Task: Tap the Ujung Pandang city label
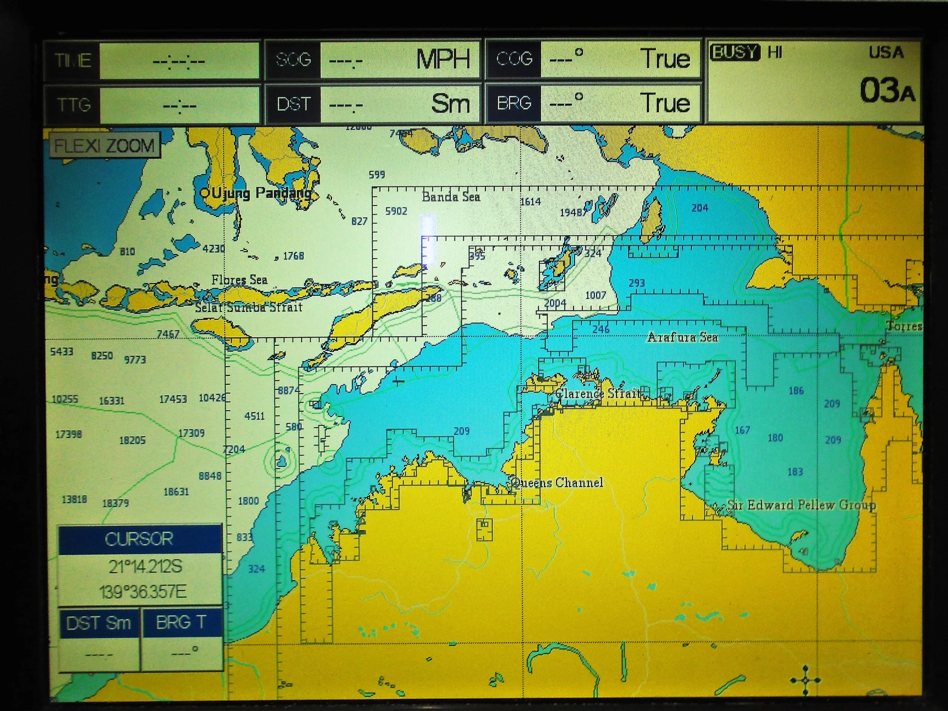261,193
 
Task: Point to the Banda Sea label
451,197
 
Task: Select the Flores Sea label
239,280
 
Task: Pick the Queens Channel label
557,483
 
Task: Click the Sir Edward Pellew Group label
801,504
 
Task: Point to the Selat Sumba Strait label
248,307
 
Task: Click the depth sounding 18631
176,491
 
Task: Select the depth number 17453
173,399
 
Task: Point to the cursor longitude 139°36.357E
143,592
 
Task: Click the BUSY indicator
734,53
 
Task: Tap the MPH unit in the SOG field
443,59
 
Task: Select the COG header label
514,59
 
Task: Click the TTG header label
74,104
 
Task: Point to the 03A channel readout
887,90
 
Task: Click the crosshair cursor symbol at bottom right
806,680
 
